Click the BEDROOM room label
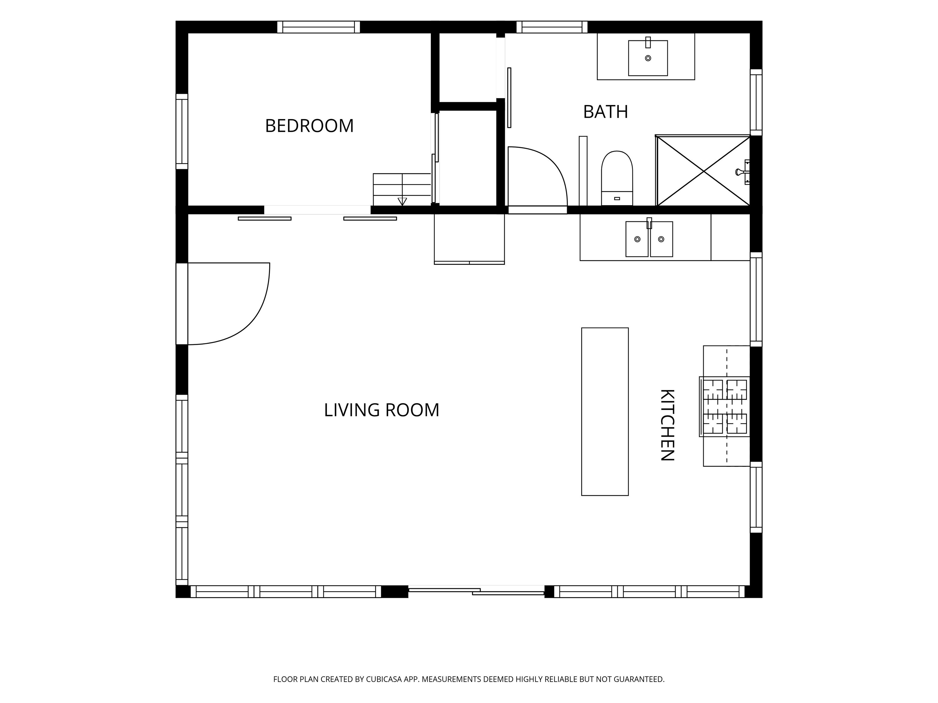click(x=309, y=126)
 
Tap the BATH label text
click(x=605, y=112)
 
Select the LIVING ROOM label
click(x=382, y=410)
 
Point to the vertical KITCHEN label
click(x=667, y=425)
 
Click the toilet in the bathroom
click(x=617, y=178)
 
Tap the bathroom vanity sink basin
click(x=648, y=58)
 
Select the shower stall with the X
click(x=703, y=171)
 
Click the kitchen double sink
click(x=649, y=239)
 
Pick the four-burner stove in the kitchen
click(x=725, y=406)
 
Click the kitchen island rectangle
click(x=605, y=412)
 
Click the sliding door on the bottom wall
click(x=476, y=591)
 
